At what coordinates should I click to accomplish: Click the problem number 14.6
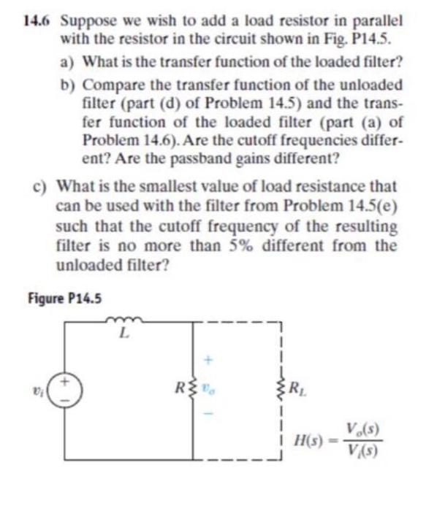click(37, 22)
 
